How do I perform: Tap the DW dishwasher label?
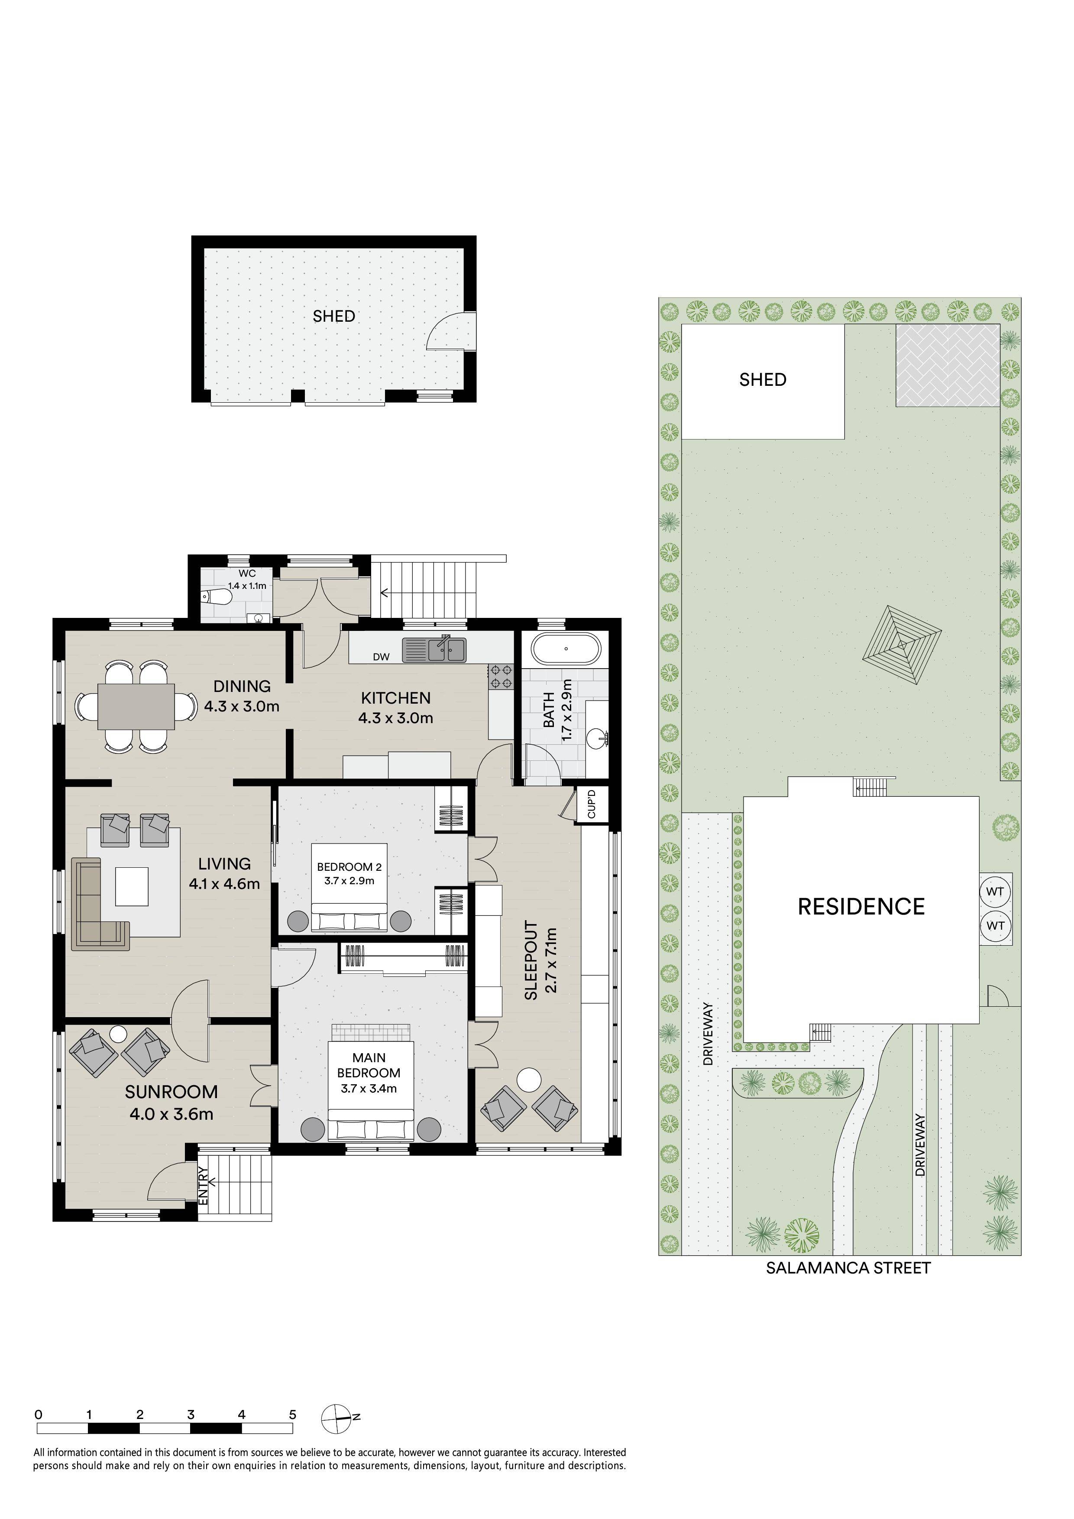[x=381, y=657]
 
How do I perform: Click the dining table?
[x=136, y=706]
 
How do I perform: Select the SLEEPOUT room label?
[x=531, y=960]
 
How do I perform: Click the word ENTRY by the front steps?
[x=203, y=1186]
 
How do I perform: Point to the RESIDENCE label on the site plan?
[x=861, y=906]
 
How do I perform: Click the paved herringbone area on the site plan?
[x=948, y=365]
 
